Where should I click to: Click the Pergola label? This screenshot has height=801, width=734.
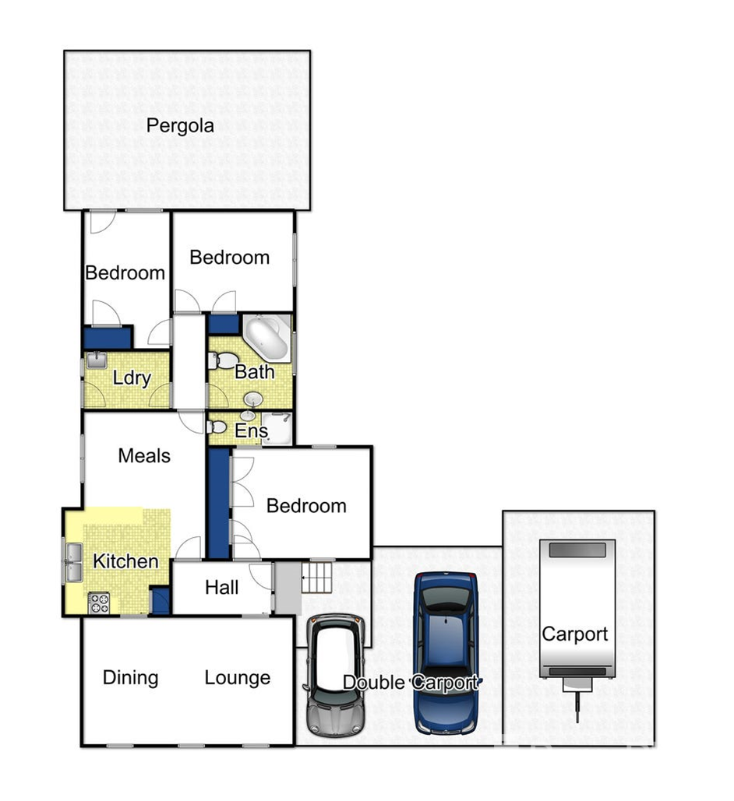click(x=180, y=125)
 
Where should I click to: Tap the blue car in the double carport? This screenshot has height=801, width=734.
click(x=446, y=653)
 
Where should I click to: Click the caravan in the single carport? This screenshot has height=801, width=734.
click(x=577, y=624)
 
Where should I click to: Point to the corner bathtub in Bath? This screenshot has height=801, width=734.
click(x=266, y=338)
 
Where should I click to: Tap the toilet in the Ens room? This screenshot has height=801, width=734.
click(x=217, y=427)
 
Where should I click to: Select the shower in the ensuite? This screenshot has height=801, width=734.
click(x=277, y=428)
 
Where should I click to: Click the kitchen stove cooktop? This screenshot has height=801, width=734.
click(x=99, y=603)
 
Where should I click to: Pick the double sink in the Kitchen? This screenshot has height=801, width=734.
click(x=74, y=563)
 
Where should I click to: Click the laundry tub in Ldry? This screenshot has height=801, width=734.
click(x=96, y=360)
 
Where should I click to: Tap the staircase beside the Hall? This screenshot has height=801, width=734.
click(x=316, y=578)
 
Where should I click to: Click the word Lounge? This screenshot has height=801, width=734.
click(x=238, y=678)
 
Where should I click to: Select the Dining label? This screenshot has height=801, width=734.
click(x=130, y=679)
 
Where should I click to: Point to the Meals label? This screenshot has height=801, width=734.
click(x=144, y=455)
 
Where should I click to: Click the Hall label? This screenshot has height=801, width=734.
click(x=221, y=588)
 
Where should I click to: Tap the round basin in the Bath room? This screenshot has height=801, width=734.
click(x=253, y=399)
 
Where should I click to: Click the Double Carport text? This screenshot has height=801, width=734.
click(x=411, y=683)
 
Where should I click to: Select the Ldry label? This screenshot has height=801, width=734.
click(x=132, y=378)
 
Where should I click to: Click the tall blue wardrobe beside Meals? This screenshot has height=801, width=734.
click(x=219, y=503)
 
